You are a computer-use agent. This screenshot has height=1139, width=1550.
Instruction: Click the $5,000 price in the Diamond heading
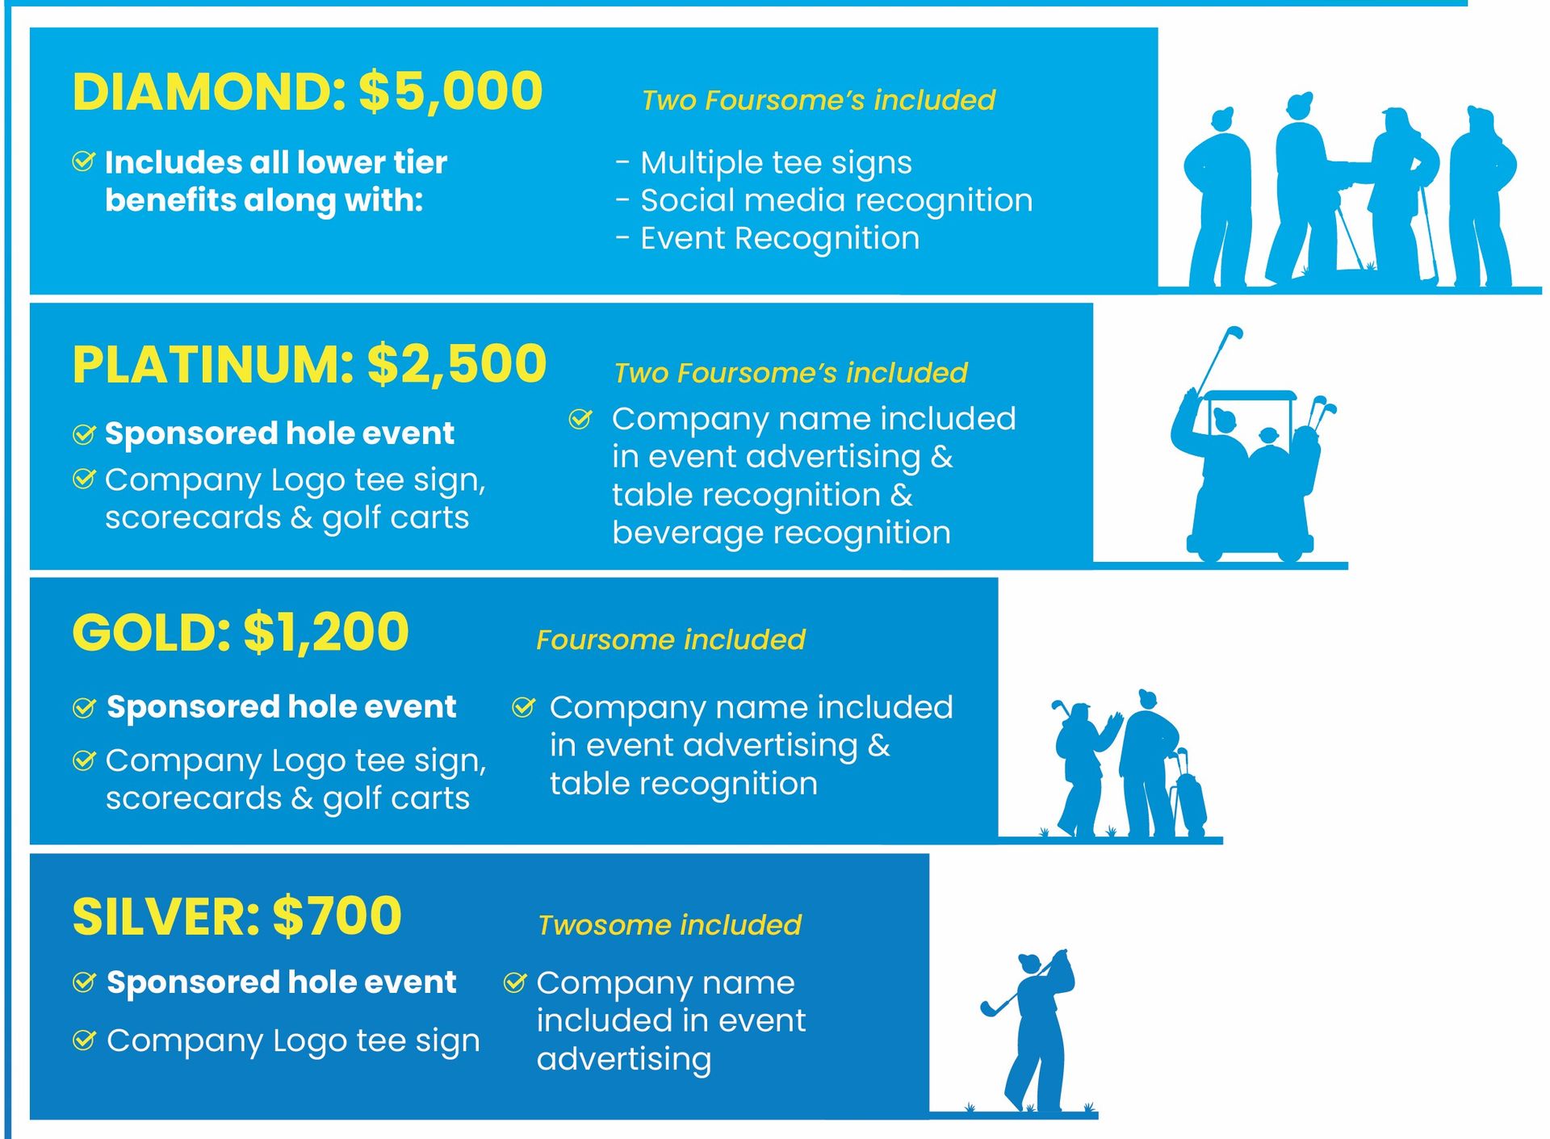pos(450,91)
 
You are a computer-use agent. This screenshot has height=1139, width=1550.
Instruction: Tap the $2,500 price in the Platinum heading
pos(457,364)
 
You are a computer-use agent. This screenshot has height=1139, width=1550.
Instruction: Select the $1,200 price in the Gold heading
pos(325,632)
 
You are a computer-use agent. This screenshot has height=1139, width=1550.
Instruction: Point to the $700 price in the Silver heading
pos(337,916)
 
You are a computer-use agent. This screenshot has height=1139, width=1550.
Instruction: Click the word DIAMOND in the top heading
pos(209,91)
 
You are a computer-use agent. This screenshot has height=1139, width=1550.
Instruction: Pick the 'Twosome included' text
pos(669,925)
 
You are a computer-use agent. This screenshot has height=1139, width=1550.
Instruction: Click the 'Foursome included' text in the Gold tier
pos(671,640)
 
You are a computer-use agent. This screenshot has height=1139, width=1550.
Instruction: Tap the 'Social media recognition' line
pos(836,200)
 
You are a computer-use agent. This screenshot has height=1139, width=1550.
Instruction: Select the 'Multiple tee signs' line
pos(775,163)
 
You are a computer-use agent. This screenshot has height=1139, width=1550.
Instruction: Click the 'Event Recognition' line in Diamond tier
pos(779,239)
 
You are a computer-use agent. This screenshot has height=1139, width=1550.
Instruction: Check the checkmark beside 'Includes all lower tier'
pos(84,161)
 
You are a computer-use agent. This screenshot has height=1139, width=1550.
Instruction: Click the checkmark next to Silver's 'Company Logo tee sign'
pos(84,1041)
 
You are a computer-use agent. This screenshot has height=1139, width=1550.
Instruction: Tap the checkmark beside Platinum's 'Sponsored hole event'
pos(84,434)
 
